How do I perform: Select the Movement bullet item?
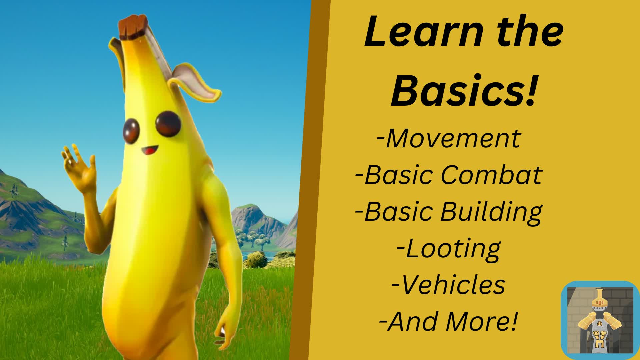[x=448, y=138]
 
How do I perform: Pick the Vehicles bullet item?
[x=448, y=285]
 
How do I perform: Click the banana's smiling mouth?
[x=150, y=150]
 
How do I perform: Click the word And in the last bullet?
[x=411, y=322]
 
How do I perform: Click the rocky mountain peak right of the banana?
[x=248, y=213]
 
